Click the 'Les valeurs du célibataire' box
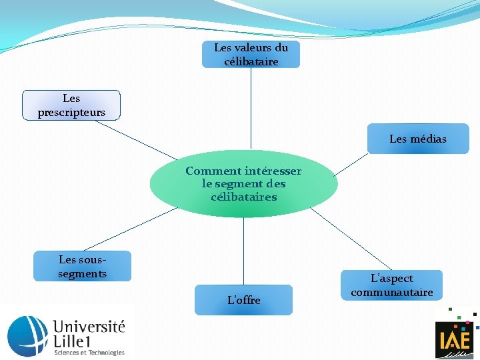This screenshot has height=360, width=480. pyautogui.click(x=251, y=54)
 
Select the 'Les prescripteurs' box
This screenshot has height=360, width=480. pyautogui.click(x=71, y=105)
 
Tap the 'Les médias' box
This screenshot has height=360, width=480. pyautogui.click(x=418, y=139)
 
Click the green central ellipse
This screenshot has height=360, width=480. pyautogui.click(x=243, y=183)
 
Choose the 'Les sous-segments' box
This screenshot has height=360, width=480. pyautogui.click(x=82, y=266)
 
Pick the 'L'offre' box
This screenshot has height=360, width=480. pyautogui.click(x=243, y=300)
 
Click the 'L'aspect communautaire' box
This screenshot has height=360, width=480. pyautogui.click(x=391, y=285)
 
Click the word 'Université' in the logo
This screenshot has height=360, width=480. pyautogui.click(x=89, y=327)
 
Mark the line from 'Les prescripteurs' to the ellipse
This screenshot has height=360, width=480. pyautogui.click(x=140, y=139)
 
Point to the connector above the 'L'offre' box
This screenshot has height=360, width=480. pyautogui.click(x=243, y=251)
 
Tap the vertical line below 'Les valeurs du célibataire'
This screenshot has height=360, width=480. pyautogui.click(x=251, y=107)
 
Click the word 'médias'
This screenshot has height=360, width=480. pyautogui.click(x=429, y=139)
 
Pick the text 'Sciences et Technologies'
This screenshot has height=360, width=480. pyautogui.click(x=89, y=352)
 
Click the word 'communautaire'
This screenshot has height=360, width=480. pyautogui.click(x=391, y=293)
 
